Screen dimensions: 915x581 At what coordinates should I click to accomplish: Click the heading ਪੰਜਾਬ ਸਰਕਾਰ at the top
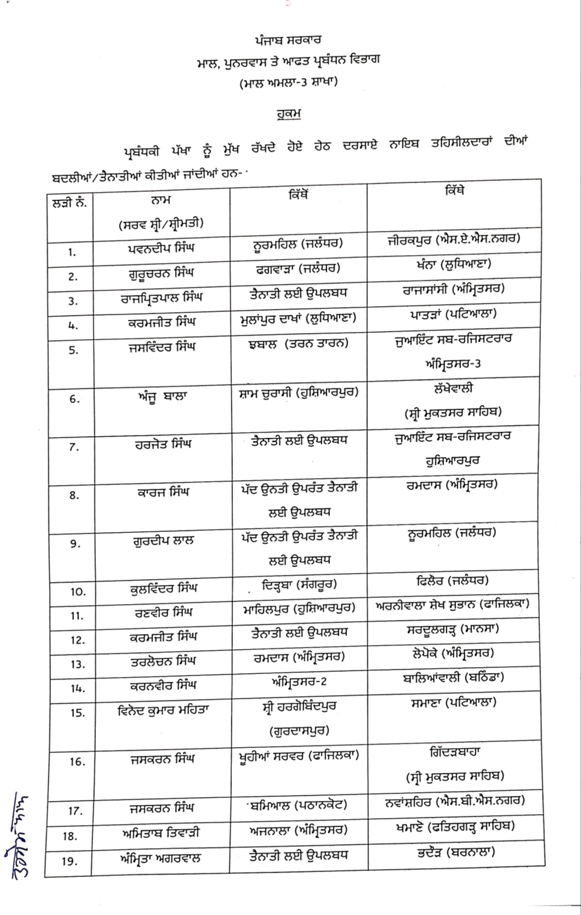288,41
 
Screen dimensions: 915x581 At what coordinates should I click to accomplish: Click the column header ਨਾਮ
160,200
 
